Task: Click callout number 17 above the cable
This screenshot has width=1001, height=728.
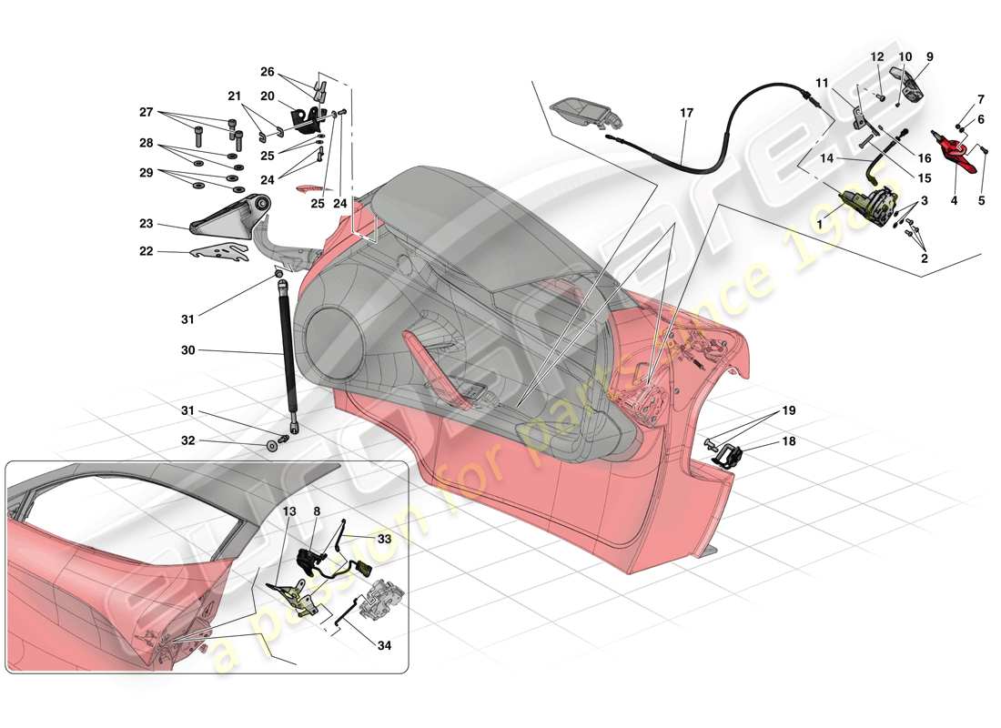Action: pos(685,113)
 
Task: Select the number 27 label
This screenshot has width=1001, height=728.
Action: pos(146,114)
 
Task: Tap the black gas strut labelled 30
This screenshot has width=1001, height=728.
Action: pos(287,350)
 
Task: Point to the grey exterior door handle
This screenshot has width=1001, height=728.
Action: pos(588,114)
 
